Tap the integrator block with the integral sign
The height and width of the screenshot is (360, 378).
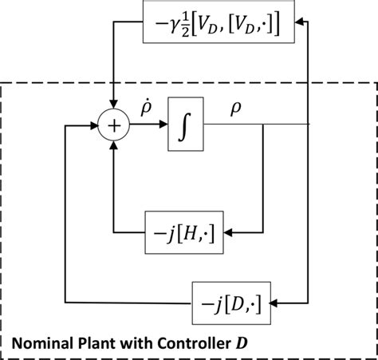[x=186, y=125]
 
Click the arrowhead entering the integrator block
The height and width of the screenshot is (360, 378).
[x=162, y=125]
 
